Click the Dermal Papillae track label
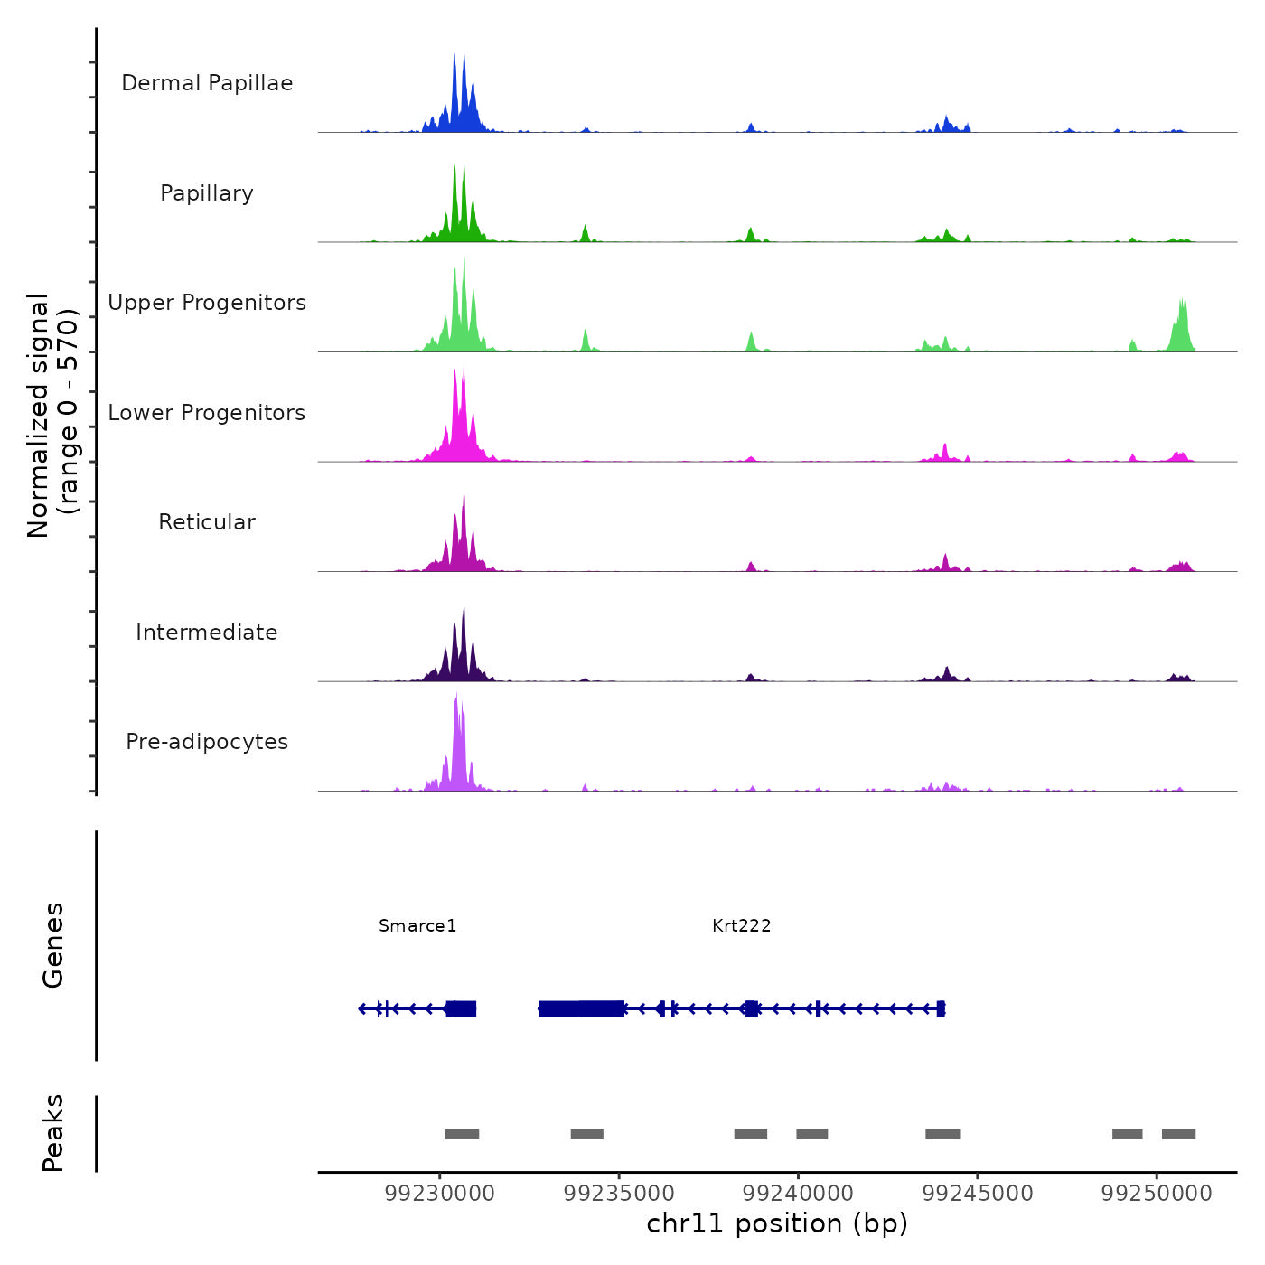(207, 83)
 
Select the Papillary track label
(207, 193)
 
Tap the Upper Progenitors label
(207, 303)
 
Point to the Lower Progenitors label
(207, 413)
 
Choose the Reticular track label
(207, 522)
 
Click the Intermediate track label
(207, 632)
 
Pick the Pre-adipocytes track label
(207, 742)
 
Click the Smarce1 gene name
(417, 925)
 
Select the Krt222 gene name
(741, 925)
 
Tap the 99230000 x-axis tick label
(440, 1194)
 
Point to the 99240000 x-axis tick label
(798, 1194)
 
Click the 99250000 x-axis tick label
(1157, 1194)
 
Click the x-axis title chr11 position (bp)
(777, 1223)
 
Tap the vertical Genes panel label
(53, 945)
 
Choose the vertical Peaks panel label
(53, 1133)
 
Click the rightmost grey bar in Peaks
(1178, 1134)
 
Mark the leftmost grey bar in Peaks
(462, 1134)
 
